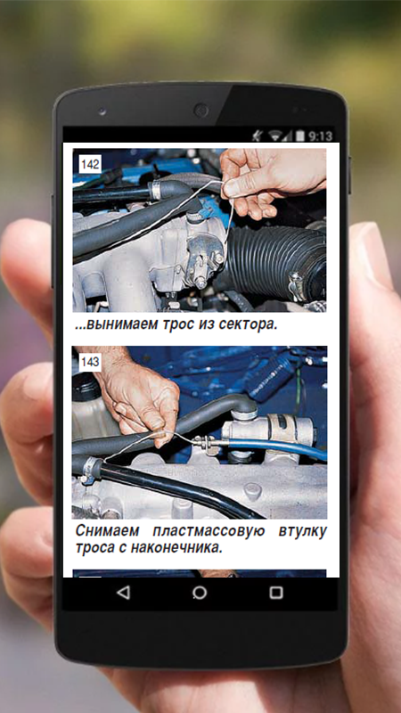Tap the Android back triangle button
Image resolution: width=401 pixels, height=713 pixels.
click(x=123, y=593)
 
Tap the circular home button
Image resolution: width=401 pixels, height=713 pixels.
click(x=200, y=593)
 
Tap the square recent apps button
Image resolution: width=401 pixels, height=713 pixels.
click(x=276, y=593)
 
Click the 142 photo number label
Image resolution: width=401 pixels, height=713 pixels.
click(x=90, y=164)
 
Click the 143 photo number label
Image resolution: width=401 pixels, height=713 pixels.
click(x=90, y=363)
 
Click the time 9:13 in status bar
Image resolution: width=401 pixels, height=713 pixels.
click(x=321, y=136)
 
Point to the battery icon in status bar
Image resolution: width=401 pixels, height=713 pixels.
click(x=300, y=135)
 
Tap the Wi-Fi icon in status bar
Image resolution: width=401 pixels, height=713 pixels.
click(x=275, y=135)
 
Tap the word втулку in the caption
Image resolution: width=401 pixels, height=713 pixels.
click(x=302, y=530)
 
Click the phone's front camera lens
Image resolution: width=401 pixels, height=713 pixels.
click(x=200, y=110)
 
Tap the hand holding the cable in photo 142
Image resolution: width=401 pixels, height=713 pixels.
click(x=272, y=182)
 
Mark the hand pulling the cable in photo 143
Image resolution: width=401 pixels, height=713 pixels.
click(x=136, y=396)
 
